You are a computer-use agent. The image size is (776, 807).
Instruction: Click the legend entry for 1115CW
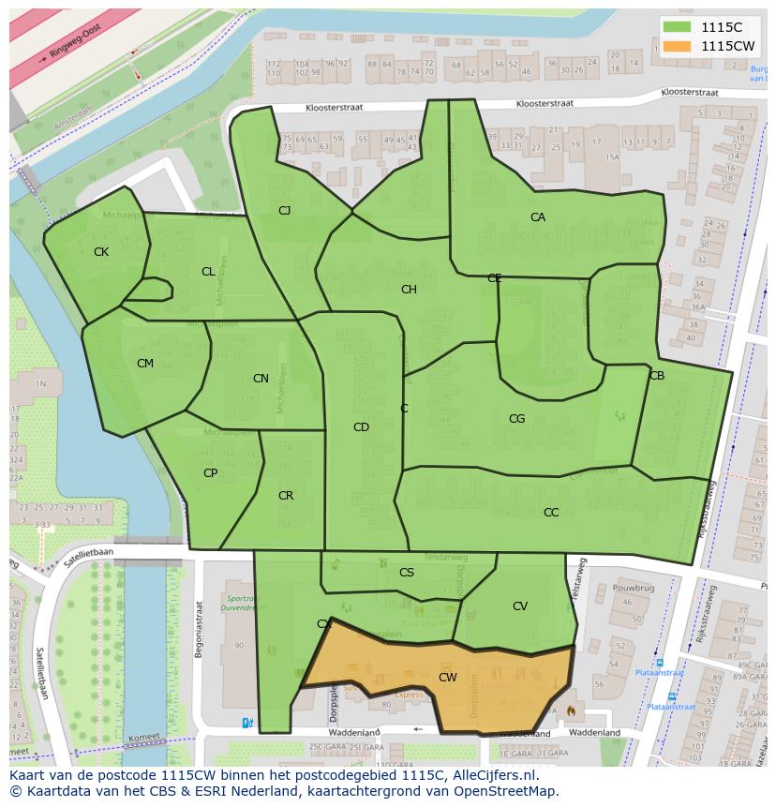click(727, 45)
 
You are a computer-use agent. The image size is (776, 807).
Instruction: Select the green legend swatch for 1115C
click(677, 27)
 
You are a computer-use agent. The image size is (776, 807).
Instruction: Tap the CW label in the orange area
click(448, 677)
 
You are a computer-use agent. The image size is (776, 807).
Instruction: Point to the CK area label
click(101, 252)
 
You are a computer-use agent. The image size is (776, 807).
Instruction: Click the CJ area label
click(284, 211)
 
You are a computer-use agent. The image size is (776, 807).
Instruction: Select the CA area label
click(537, 217)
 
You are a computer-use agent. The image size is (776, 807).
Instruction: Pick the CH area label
click(409, 290)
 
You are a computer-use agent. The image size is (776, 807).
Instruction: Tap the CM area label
click(145, 364)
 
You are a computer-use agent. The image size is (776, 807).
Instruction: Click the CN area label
click(261, 379)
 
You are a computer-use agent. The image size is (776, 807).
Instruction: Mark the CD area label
click(361, 427)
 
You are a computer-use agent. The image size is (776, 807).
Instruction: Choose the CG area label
click(516, 419)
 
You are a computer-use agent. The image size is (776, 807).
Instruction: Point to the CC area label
click(551, 513)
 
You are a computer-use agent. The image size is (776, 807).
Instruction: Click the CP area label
click(210, 473)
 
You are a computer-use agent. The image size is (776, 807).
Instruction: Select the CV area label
click(519, 606)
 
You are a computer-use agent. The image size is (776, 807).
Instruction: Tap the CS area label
click(407, 573)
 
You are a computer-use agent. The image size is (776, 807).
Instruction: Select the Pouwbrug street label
click(632, 588)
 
